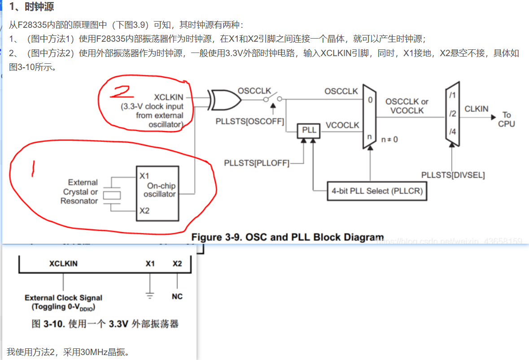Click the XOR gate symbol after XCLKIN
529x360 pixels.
224,99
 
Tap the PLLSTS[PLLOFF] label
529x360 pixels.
257,163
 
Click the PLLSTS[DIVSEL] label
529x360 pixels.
453,175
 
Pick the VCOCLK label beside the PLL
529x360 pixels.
342,125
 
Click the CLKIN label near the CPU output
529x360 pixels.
477,109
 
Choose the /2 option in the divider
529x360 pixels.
452,114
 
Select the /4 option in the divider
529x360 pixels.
452,132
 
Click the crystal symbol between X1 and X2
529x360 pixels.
112,195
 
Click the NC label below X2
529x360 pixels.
177,297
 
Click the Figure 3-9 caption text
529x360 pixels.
288,237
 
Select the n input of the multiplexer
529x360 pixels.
370,136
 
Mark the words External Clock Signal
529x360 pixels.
63,298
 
